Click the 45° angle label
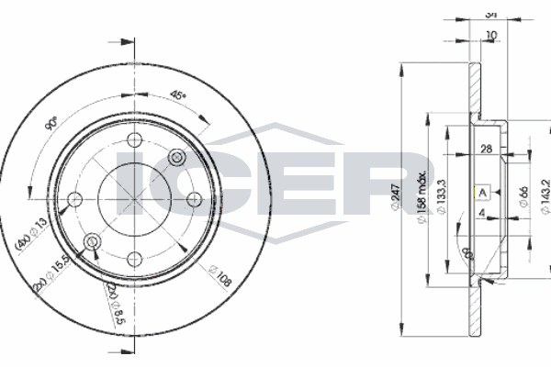178,95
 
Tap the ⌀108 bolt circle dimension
219,272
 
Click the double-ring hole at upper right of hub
178,158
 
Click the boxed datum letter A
479,193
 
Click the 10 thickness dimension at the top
492,35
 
